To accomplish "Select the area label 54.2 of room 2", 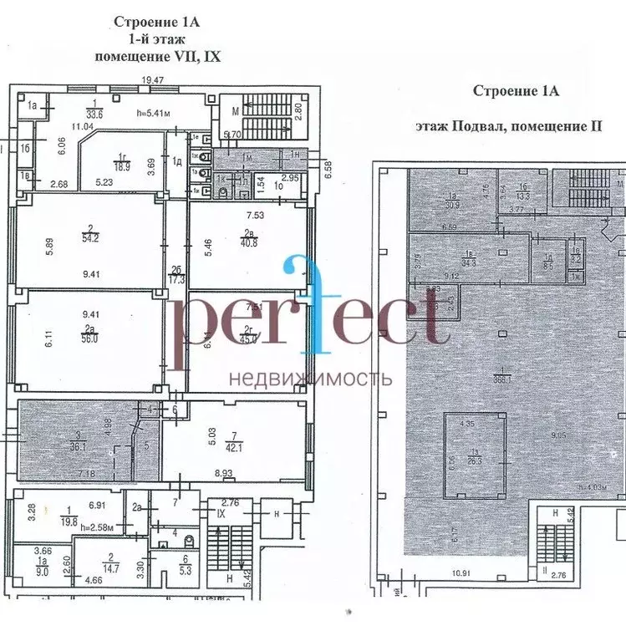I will (x=91, y=237).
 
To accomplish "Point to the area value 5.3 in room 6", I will (x=186, y=572).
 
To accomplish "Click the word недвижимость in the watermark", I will (x=311, y=378).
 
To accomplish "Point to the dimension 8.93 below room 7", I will (x=223, y=475).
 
